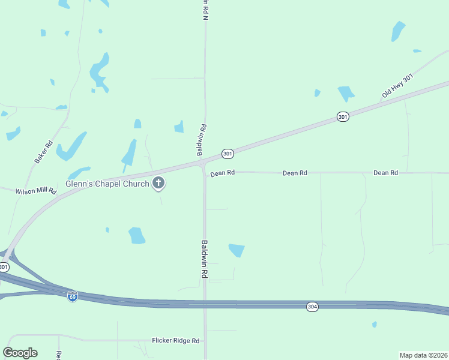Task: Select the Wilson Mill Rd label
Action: click(x=36, y=191)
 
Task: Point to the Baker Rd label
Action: click(x=44, y=152)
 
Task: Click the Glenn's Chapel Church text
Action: click(x=107, y=184)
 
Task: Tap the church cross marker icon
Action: click(x=158, y=183)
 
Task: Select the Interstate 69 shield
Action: click(x=73, y=296)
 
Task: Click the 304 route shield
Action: click(x=312, y=307)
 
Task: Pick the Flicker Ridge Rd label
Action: click(x=175, y=340)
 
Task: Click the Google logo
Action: click(x=20, y=353)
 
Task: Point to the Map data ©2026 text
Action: click(x=423, y=355)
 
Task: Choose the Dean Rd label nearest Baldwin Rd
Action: click(x=222, y=173)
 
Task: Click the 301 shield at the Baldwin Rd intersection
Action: click(x=228, y=154)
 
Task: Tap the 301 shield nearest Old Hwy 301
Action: click(x=342, y=116)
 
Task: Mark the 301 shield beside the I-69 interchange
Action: click(x=4, y=266)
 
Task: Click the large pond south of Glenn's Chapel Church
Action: click(x=137, y=235)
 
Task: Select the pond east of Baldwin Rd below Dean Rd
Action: click(x=237, y=250)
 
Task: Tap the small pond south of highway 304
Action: click(x=375, y=325)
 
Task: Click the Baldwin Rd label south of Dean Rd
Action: click(x=205, y=259)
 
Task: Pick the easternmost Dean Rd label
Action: click(x=385, y=173)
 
